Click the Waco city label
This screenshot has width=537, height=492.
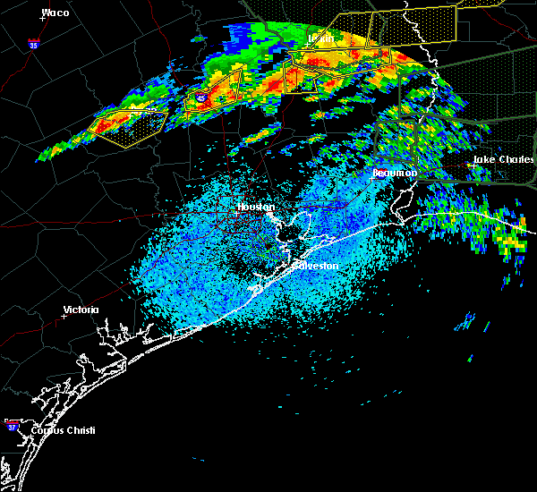pos(55,13)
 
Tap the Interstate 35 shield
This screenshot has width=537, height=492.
pos(33,43)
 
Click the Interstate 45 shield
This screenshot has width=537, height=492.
pos(202,98)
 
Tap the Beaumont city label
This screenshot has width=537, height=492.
pos(390,172)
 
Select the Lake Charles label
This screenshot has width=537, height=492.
pos(503,160)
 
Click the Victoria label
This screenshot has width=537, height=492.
pos(81,310)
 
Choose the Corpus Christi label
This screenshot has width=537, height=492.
pos(63,430)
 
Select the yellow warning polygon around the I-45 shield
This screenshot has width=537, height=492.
pos(213,90)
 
